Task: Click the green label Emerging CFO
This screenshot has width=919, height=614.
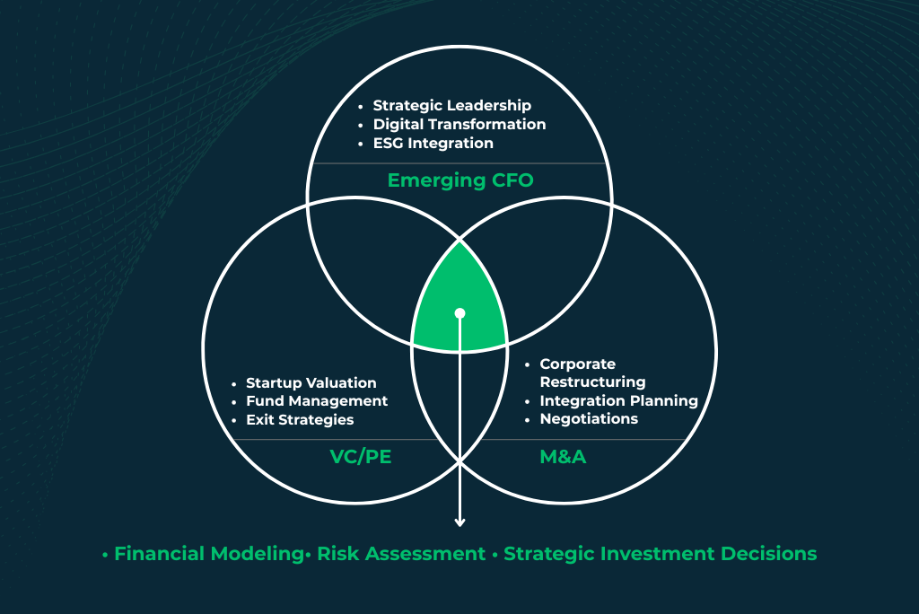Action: point(460,180)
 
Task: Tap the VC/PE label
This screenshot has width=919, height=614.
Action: point(361,456)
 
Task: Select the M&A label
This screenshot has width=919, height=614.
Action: point(563,456)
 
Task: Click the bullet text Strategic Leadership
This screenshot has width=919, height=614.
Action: point(452,106)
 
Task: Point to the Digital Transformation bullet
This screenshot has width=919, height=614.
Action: point(459,124)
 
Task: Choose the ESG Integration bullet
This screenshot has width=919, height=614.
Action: point(433,143)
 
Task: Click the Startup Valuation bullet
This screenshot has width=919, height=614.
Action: point(311,383)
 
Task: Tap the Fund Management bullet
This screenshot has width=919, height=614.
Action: point(317,401)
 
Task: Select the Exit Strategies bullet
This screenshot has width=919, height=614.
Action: point(300,420)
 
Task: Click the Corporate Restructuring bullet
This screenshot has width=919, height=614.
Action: point(592,373)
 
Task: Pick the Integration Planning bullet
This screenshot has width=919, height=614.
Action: point(619,401)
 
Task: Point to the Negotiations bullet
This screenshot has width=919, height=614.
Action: point(589,418)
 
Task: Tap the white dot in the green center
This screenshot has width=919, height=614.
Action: point(460,313)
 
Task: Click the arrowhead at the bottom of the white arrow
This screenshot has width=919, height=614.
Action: point(460,522)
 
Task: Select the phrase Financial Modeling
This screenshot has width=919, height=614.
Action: point(208,554)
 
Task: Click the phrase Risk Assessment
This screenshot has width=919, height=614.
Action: point(401,554)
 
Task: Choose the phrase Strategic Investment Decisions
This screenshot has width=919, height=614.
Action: point(660,554)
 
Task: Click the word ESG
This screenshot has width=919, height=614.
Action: point(388,143)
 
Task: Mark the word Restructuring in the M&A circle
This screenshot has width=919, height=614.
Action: point(592,382)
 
